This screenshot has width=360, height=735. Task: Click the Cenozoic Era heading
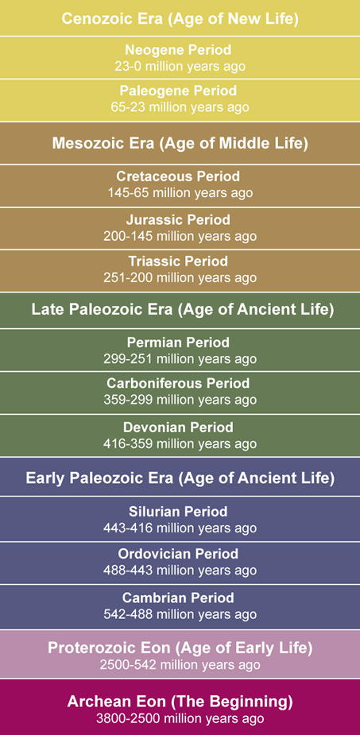click(x=180, y=19)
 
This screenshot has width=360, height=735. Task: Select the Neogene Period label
click(x=178, y=50)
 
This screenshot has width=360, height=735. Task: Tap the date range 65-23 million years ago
click(x=180, y=107)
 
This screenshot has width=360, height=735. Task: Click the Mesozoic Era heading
click(x=180, y=143)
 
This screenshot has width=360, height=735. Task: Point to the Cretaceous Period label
click(x=178, y=176)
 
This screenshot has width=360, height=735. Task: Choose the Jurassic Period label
click(x=178, y=219)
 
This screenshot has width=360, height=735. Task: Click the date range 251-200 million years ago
click(x=180, y=277)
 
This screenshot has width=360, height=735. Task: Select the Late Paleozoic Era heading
click(x=183, y=310)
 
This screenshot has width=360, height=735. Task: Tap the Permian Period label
click(x=178, y=342)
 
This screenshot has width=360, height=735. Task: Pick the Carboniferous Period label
click(x=178, y=384)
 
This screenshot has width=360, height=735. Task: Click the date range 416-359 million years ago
click(x=180, y=443)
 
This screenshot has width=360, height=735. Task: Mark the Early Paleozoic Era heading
click(x=180, y=478)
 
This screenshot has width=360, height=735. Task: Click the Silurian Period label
click(x=178, y=512)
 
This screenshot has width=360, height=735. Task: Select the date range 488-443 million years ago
click(x=180, y=570)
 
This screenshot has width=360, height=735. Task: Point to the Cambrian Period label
click(x=178, y=598)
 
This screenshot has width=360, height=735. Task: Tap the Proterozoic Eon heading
click(x=180, y=648)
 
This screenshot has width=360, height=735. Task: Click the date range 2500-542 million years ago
click(x=180, y=665)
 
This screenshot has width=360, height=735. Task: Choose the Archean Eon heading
click(x=180, y=702)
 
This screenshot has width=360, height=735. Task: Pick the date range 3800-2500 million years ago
click(x=180, y=718)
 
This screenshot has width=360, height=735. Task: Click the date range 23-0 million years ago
click(x=180, y=66)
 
